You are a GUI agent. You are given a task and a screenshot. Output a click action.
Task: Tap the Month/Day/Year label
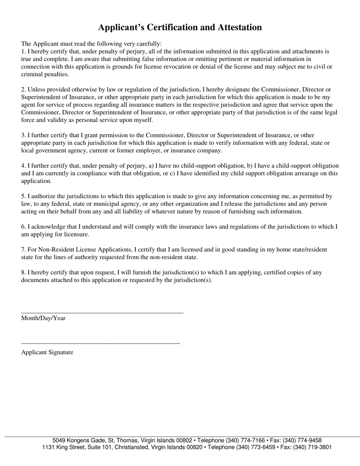pos(43,318)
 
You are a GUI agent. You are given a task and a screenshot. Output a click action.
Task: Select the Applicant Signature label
pos(47,352)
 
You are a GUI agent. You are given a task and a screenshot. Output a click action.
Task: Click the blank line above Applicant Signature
pos(100,344)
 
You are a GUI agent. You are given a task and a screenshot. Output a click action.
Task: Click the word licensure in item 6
pos(76,234)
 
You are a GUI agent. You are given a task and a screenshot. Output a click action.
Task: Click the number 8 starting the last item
pos(23,272)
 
